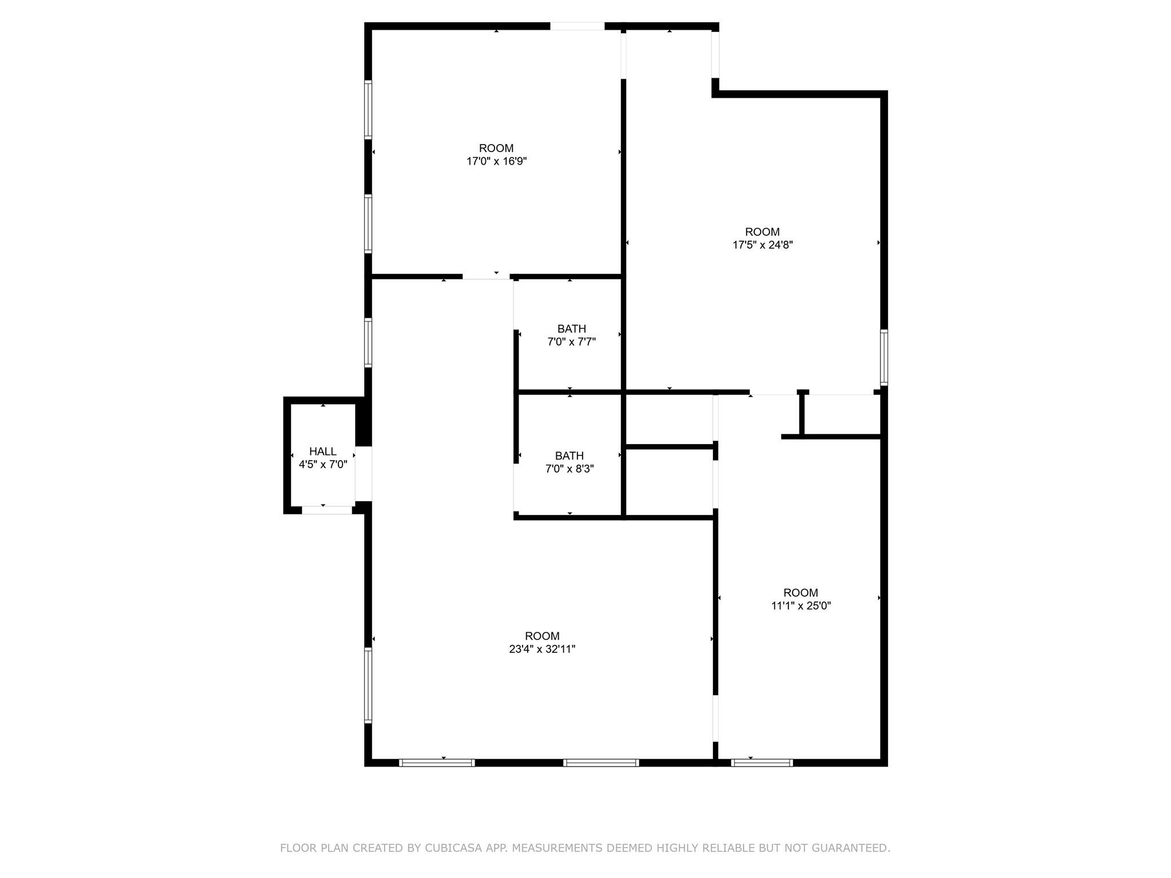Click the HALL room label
click(322, 452)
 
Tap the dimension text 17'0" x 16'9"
click(496, 162)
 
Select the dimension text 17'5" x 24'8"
click(762, 245)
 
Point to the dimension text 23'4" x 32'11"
click(542, 649)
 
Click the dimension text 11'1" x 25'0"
click(800, 606)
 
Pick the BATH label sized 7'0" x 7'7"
click(571, 329)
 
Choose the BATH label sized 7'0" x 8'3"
click(569, 456)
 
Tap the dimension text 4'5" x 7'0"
click(322, 465)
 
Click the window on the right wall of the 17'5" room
click(884, 357)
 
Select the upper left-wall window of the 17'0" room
click(368, 110)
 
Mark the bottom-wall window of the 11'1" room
click(762, 763)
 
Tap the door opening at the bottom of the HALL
click(326, 510)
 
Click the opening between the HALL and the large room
click(364, 473)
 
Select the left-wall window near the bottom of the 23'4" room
click(368, 685)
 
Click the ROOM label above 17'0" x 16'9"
click(496, 149)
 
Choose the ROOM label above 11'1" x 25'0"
click(800, 593)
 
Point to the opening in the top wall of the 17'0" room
click(577, 26)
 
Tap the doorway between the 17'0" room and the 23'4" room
click(486, 277)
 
